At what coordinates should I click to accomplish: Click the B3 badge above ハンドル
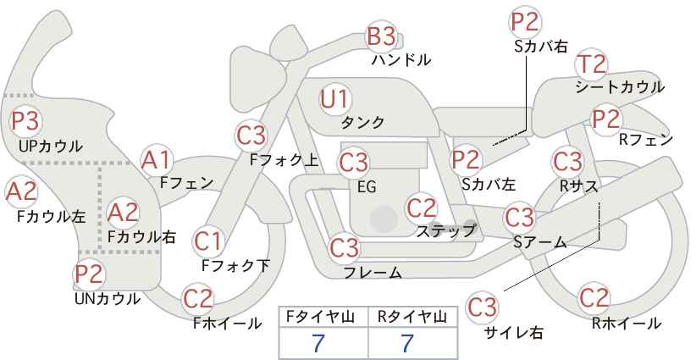381,36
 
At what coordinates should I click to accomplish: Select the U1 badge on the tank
334,99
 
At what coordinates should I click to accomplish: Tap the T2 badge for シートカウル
591,64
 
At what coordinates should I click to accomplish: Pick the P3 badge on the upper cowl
25,120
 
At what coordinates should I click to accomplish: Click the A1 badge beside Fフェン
156,159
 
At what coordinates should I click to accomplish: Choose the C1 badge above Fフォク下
207,241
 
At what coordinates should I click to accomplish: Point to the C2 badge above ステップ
421,207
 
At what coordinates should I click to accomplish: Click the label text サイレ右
513,333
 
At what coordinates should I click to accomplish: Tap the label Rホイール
626,323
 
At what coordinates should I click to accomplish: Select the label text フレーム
373,272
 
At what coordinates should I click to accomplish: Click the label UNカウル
107,298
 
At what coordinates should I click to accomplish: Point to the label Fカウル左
51,216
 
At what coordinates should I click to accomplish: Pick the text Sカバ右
540,47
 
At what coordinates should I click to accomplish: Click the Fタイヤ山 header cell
323,316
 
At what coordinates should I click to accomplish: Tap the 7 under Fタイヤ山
318,343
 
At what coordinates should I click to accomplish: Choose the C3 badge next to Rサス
567,160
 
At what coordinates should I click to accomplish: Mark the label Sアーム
539,242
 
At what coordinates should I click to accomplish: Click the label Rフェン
646,140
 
